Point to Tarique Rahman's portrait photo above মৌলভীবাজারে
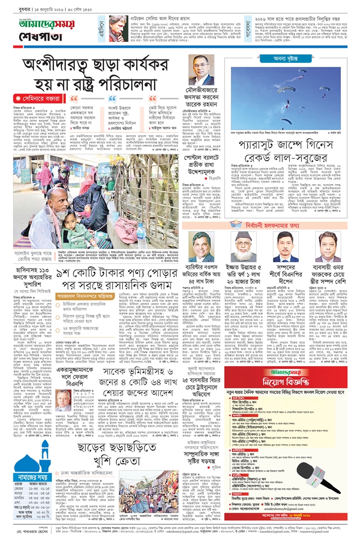201,70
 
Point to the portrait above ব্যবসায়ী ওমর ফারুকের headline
329,247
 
